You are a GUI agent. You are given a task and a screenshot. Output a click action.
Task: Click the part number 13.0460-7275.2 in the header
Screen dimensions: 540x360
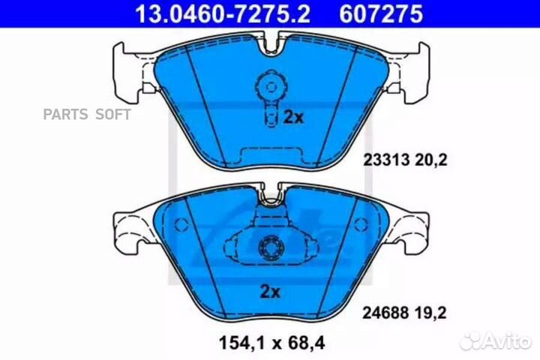(x=222, y=13)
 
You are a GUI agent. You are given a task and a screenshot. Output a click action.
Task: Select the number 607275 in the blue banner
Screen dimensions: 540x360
(x=381, y=13)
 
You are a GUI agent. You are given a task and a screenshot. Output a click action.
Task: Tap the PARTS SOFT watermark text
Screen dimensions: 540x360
(x=87, y=114)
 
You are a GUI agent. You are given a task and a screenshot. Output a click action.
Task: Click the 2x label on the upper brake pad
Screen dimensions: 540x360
(x=293, y=118)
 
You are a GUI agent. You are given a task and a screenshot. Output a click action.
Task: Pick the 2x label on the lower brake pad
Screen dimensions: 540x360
(x=270, y=292)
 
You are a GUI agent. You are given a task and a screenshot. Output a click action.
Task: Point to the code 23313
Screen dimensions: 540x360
(x=386, y=160)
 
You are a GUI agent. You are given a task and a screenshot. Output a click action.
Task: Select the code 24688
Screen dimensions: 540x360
(x=385, y=313)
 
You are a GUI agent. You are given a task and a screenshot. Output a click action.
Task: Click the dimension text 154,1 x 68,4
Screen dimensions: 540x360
(x=271, y=343)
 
